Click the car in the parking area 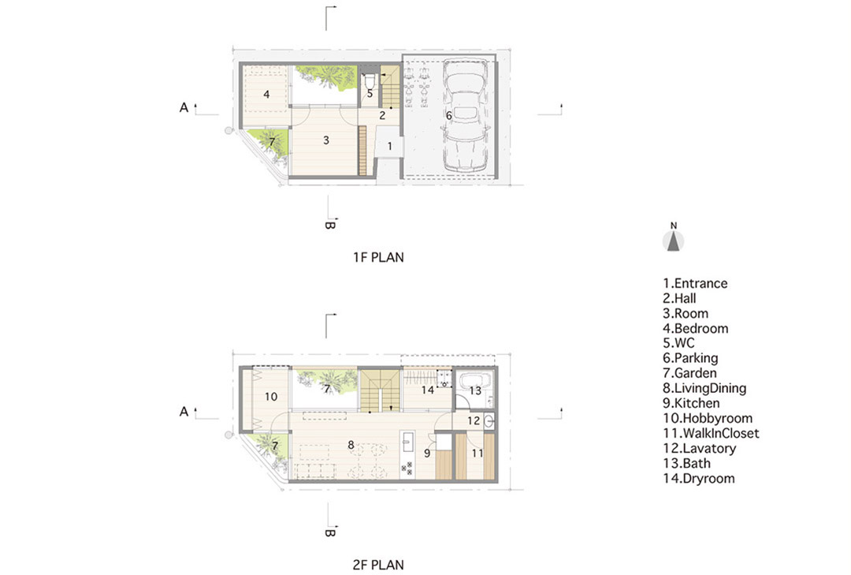[x=466, y=115]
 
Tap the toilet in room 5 [x=370, y=81]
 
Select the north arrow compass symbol [x=674, y=241]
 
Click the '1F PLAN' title [x=378, y=257]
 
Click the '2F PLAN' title [x=378, y=565]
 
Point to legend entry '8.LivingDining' [x=704, y=389]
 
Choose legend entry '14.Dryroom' [x=698, y=478]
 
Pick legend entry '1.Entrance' [x=695, y=283]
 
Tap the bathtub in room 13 [x=475, y=383]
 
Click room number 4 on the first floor [x=266, y=95]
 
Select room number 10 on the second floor [x=271, y=397]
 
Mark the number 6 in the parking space [x=449, y=115]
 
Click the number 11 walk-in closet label [x=477, y=453]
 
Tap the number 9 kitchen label [x=427, y=454]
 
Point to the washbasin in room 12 [x=489, y=420]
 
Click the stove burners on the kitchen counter [x=407, y=468]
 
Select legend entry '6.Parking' [x=690, y=358]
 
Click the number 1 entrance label [x=389, y=146]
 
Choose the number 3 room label [x=326, y=140]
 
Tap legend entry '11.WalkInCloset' [x=711, y=433]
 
